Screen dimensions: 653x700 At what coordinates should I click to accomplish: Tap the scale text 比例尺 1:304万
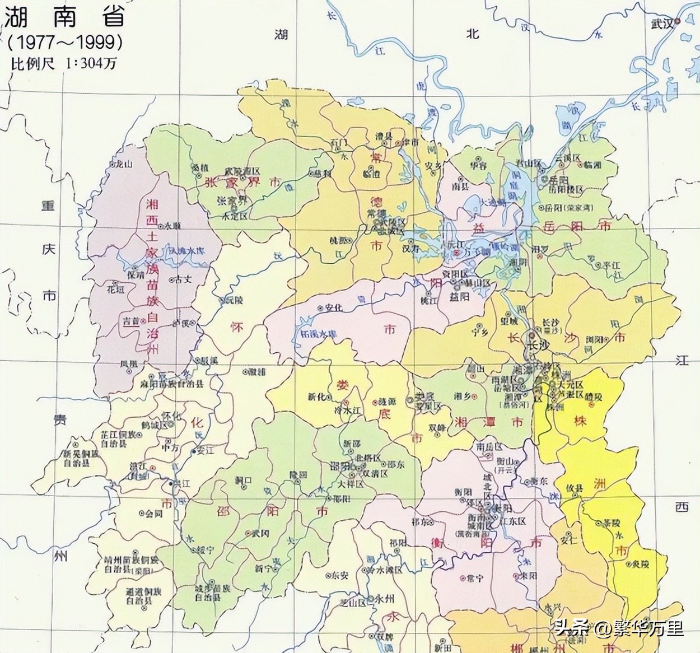[x=64, y=63]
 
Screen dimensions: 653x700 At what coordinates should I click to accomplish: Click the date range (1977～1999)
[x=64, y=42]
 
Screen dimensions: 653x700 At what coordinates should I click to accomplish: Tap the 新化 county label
[x=316, y=397]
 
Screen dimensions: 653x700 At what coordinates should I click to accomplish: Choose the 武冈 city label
[x=262, y=533]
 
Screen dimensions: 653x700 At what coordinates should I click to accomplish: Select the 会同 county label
[x=153, y=513]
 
